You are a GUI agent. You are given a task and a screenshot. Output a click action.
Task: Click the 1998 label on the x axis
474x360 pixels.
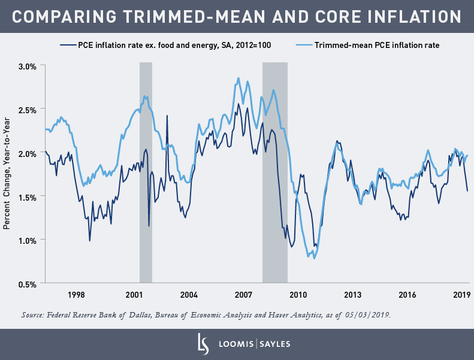coord(76,295)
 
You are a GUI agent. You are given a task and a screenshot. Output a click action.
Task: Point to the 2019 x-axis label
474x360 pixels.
coord(461,295)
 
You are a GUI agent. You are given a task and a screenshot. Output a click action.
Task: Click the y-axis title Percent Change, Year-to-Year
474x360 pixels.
coord(7,174)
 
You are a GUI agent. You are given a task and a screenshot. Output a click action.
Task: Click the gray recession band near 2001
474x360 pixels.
coord(146,174)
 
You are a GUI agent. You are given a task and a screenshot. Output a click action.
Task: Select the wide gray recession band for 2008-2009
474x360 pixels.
coord(274,174)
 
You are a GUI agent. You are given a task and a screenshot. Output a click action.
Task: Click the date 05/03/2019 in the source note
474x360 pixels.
coord(367,314)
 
